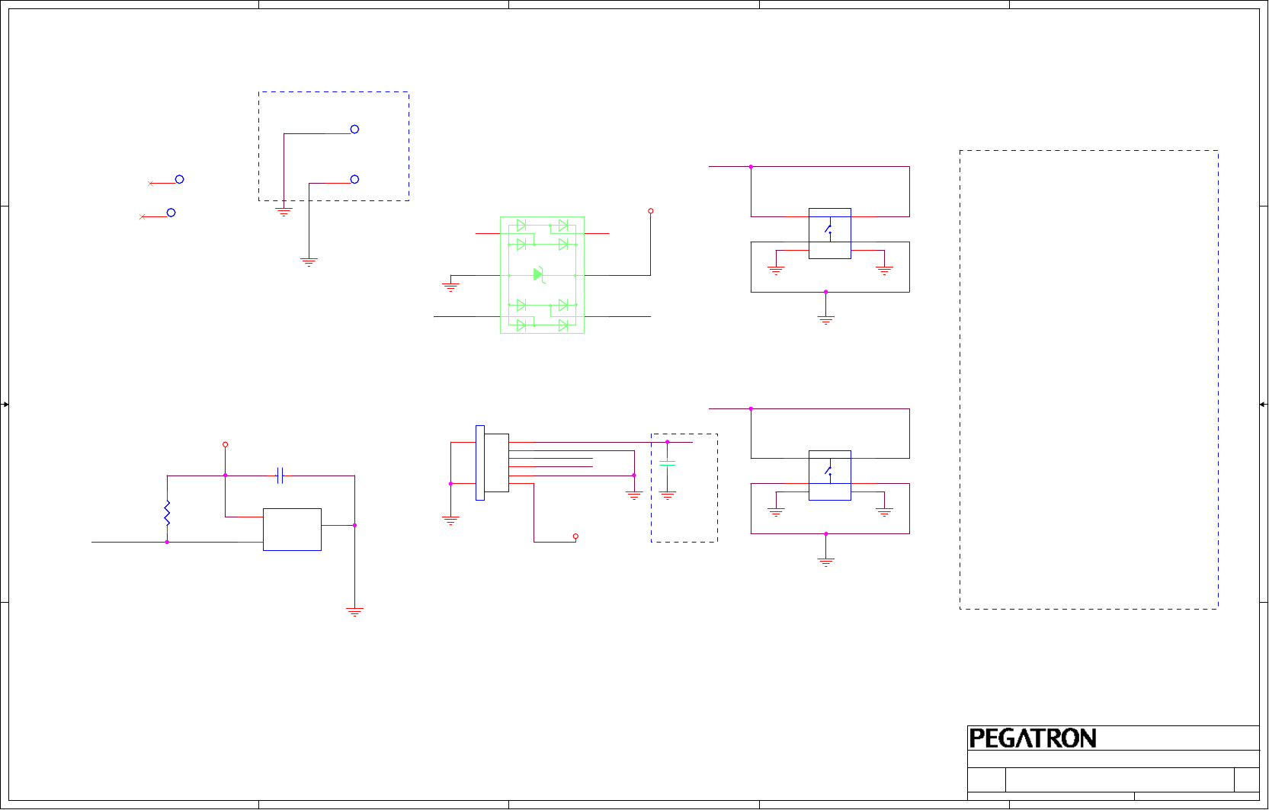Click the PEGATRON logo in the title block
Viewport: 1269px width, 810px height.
(1032, 738)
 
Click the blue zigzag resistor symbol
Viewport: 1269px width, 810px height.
(167, 513)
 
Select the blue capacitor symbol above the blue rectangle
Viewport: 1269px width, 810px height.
(280, 475)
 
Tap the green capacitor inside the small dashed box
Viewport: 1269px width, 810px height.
(667, 463)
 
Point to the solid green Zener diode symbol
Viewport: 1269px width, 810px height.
(539, 274)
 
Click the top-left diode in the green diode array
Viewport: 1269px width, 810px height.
(521, 226)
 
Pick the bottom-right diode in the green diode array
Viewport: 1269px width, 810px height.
(563, 325)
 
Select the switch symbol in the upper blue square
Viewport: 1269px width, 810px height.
(829, 229)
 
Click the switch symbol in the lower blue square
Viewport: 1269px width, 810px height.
(829, 471)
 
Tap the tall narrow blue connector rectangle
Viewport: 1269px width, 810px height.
(480, 463)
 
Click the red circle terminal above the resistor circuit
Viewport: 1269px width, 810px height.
(225, 444)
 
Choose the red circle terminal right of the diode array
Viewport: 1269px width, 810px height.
(650, 211)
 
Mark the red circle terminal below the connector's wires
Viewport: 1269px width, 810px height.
(575, 536)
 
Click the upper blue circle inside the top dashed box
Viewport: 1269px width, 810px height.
(354, 130)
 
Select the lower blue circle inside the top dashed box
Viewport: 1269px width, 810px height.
(354, 180)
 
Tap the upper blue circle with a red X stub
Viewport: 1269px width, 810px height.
(179, 180)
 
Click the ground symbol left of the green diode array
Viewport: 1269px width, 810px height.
(450, 287)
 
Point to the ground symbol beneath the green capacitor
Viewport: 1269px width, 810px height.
(668, 496)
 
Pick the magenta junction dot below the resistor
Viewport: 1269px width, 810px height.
(167, 542)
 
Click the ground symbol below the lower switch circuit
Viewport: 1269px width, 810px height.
(825, 562)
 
